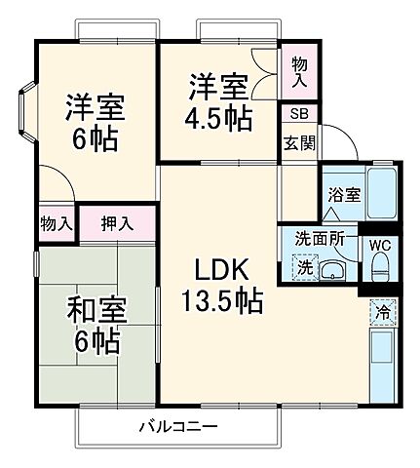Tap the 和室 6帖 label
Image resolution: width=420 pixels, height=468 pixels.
(x=94, y=327)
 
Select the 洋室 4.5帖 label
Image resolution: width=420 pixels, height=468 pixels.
(x=219, y=102)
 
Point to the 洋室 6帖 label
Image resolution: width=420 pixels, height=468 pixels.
(x=94, y=122)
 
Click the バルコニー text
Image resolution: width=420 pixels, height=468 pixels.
(x=176, y=426)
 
